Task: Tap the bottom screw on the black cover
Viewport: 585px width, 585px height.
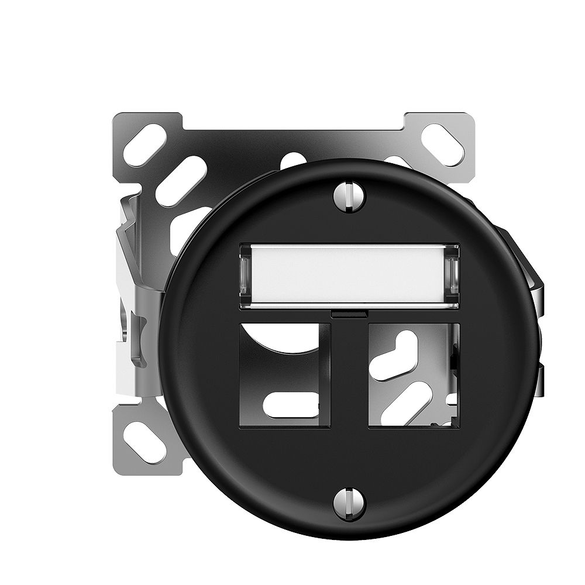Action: coord(349,503)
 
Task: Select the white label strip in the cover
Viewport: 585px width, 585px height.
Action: coord(349,274)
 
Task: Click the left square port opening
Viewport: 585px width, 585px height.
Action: coord(285,375)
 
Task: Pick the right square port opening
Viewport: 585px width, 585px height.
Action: coord(414,375)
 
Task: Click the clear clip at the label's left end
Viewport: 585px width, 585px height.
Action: coord(246,274)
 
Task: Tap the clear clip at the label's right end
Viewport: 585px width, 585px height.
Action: coord(452,274)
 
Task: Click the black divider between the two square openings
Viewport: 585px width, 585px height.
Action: coord(349,375)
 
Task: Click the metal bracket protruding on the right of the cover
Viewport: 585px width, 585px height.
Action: coord(529,292)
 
